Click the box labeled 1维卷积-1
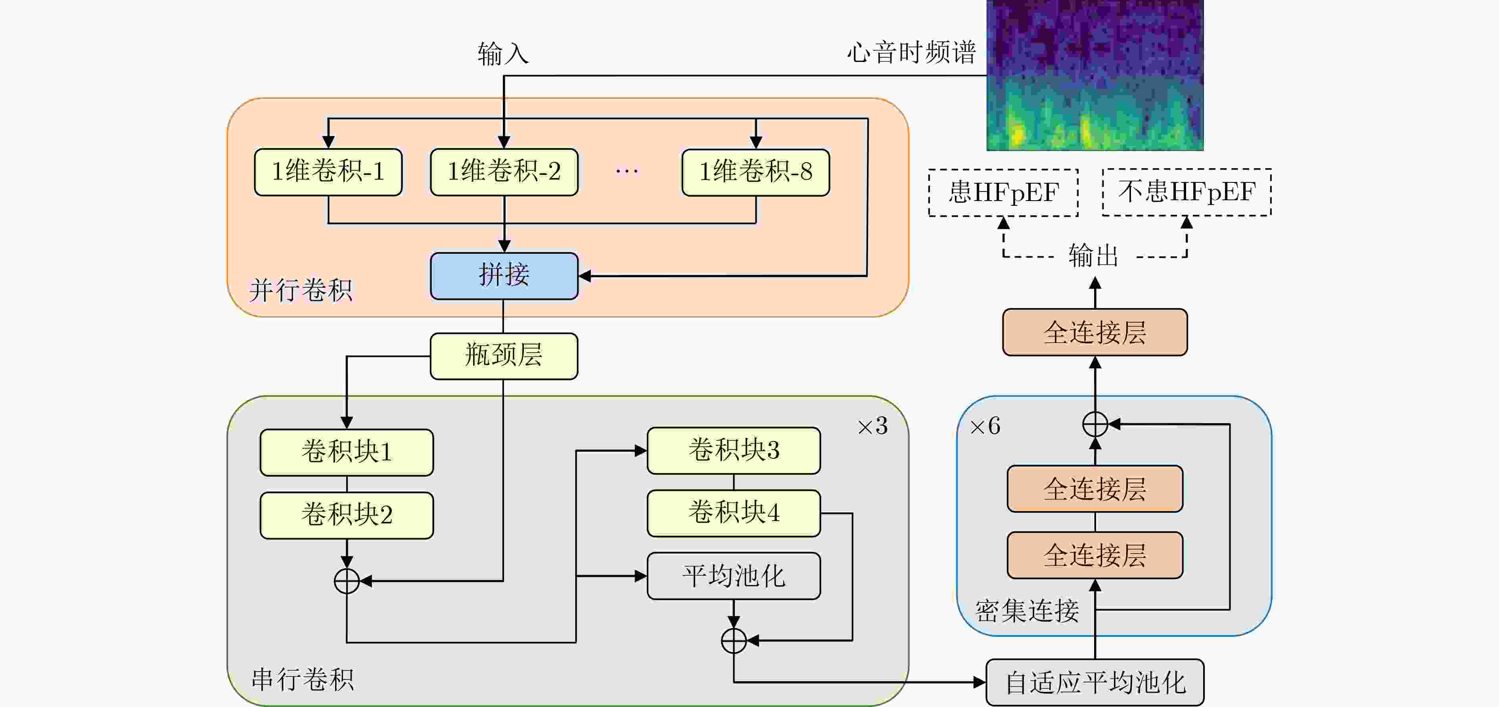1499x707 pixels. (328, 172)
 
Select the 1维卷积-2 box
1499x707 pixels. (504, 172)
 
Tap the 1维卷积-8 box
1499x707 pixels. (755, 172)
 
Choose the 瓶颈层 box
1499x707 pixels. (504, 356)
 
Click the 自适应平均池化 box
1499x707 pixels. (1095, 682)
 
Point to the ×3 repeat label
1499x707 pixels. (872, 427)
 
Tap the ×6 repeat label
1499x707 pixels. (985, 427)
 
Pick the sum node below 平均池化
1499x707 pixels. (734, 641)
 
